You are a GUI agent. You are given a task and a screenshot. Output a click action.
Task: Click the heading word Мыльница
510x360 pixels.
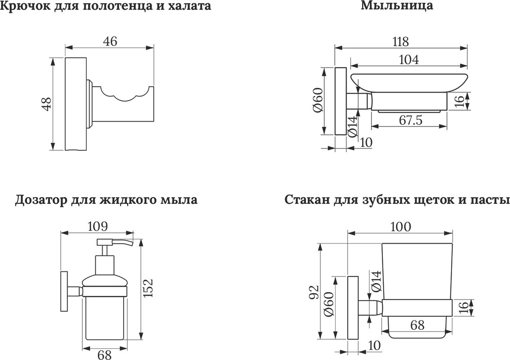click(x=397, y=5)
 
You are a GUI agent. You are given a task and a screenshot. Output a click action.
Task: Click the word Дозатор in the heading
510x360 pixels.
click(x=41, y=199)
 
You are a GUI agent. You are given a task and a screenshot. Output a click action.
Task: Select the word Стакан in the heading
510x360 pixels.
click(x=307, y=199)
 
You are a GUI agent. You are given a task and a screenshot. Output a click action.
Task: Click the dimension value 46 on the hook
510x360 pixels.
click(x=110, y=41)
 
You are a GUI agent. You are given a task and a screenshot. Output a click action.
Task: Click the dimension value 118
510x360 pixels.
click(x=400, y=42)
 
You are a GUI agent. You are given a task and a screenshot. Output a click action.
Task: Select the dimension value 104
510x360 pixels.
click(x=409, y=59)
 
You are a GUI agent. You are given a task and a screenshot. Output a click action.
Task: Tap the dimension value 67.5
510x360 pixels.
click(x=411, y=120)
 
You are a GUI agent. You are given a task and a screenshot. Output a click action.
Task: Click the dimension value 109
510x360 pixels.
click(x=98, y=226)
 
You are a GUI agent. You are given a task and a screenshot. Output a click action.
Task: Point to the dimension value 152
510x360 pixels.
click(x=148, y=288)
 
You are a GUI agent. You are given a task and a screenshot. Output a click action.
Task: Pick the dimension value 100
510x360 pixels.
click(x=400, y=226)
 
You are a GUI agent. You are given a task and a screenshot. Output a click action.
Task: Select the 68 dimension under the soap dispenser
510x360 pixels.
click(x=104, y=355)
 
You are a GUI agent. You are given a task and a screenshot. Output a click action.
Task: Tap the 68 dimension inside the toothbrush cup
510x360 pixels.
click(x=417, y=324)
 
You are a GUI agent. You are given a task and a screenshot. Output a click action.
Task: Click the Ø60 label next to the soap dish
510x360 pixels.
click(x=318, y=100)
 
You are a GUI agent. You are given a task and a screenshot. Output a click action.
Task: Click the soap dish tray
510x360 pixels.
click(x=409, y=83)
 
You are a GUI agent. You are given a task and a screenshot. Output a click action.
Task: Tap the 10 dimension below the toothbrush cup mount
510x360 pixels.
click(x=375, y=345)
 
